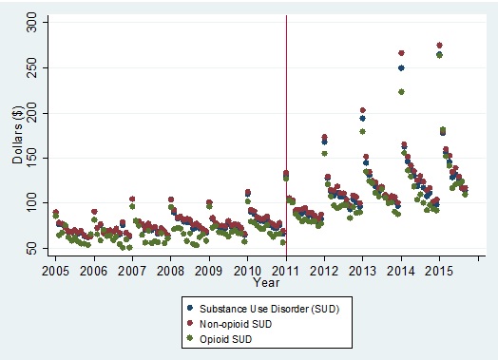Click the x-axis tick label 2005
[x=55, y=271]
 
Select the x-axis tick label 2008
[x=170, y=271]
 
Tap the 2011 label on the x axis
[x=286, y=271]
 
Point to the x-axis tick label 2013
[x=363, y=271]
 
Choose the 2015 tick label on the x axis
[x=439, y=271]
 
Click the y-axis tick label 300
[x=33, y=25]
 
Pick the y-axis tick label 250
[x=33, y=69]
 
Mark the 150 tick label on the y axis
[x=33, y=158]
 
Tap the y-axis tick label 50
[x=33, y=247]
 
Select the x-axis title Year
[x=265, y=283]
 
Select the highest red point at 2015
[x=439, y=45]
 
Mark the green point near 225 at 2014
[x=402, y=92]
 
